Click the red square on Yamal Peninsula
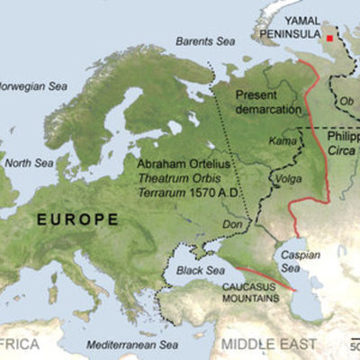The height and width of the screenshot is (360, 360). pos(330,39)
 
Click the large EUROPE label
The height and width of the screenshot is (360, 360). pos(77,219)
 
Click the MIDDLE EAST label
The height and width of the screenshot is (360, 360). pos(269,344)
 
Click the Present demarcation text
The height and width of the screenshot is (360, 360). pos(267,102)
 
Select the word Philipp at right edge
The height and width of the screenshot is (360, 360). pos(344,138)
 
